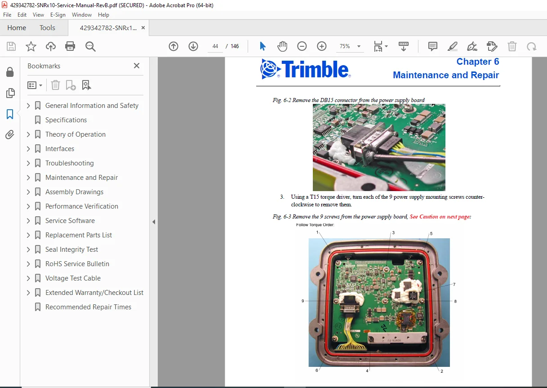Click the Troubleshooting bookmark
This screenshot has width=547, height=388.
click(x=69, y=163)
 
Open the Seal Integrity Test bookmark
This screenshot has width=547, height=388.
click(x=71, y=249)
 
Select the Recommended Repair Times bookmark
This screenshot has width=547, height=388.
click(x=88, y=307)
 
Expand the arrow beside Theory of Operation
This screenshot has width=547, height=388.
click(x=28, y=134)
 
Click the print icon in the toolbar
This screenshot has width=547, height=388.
click(x=70, y=46)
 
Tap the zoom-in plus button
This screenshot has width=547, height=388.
click(x=322, y=46)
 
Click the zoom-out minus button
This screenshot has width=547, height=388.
click(x=302, y=46)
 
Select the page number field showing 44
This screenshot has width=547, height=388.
click(x=215, y=46)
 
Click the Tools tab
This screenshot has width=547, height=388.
click(x=47, y=27)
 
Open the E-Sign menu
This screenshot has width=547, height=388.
click(x=58, y=15)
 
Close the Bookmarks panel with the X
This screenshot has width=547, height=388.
click(x=137, y=66)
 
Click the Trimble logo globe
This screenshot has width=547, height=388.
click(x=269, y=69)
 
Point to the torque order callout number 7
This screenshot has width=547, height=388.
click(x=454, y=284)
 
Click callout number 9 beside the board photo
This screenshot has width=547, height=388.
click(x=303, y=301)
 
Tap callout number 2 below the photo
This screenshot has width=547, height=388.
click(x=442, y=371)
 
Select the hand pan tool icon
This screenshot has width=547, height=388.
click(x=282, y=46)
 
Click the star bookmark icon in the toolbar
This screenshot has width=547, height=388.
click(x=31, y=46)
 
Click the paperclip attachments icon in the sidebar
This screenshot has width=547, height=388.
click(x=10, y=134)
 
